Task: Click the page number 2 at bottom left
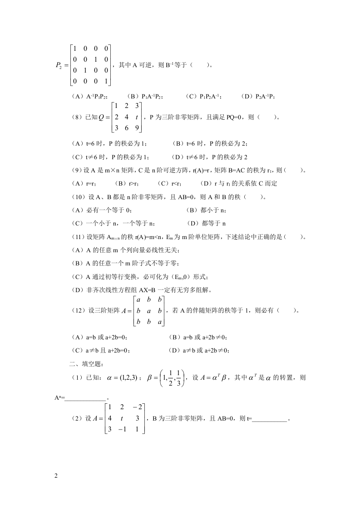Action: click(x=56, y=475)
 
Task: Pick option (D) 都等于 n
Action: click(x=206, y=223)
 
